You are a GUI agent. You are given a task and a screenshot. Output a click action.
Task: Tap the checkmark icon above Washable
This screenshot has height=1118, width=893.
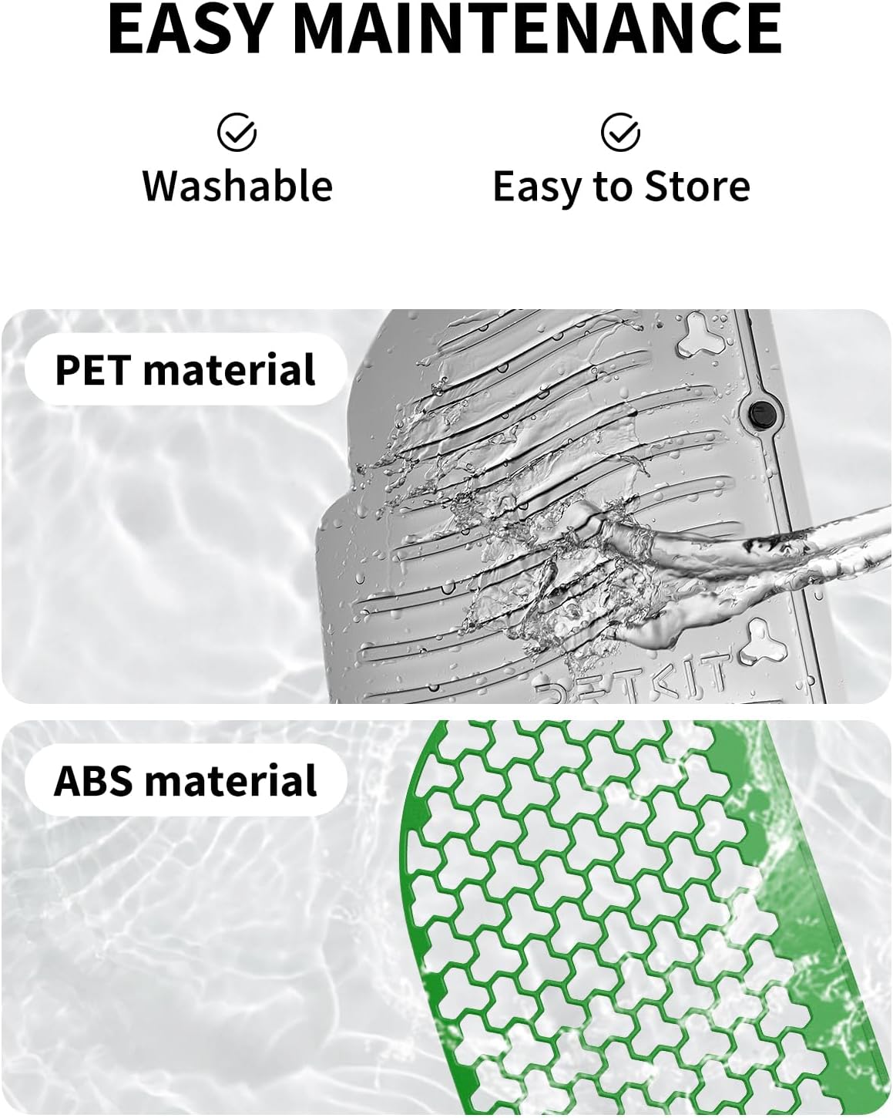[x=237, y=133]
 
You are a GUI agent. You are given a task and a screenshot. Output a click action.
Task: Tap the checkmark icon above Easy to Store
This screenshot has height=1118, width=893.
[x=620, y=133]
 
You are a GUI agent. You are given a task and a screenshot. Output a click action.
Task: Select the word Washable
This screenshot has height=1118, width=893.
[x=237, y=186]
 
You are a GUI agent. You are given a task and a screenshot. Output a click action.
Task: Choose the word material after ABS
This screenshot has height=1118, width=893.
[x=231, y=780]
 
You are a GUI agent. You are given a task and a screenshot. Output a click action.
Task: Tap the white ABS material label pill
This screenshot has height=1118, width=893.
[x=186, y=780]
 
